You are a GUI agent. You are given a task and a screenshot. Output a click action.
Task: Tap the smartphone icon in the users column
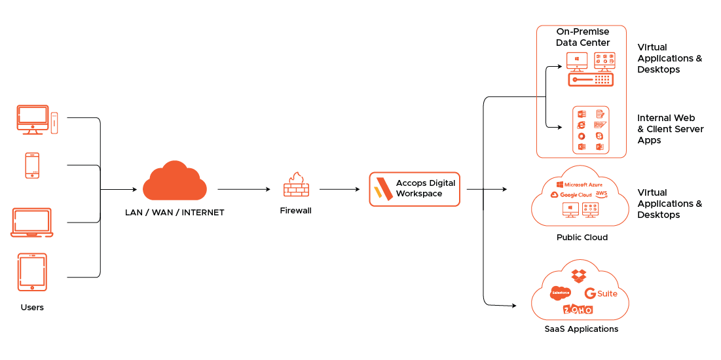[x=32, y=165]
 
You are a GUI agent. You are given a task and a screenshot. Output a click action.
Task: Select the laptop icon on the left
[x=32, y=223]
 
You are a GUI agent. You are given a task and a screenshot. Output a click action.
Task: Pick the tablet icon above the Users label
[x=32, y=272]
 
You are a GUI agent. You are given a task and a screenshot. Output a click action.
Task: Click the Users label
[x=32, y=307]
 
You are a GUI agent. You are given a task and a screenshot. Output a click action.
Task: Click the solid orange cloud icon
[x=175, y=182]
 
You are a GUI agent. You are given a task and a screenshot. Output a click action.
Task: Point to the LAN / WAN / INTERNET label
[x=175, y=213]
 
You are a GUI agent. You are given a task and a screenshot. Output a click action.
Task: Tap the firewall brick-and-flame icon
[x=296, y=185]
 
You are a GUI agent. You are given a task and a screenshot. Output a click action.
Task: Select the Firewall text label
[x=296, y=211]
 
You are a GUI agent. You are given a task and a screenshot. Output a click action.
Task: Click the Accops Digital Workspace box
[x=415, y=189]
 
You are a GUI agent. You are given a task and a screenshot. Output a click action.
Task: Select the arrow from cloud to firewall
[x=244, y=189]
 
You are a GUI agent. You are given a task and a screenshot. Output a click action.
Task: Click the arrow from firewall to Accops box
[x=339, y=189]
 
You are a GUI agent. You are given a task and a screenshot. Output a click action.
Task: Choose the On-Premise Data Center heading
[x=582, y=37]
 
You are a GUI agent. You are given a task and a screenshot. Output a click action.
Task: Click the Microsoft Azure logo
[x=583, y=185]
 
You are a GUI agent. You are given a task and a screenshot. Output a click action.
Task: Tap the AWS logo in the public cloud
[x=602, y=194]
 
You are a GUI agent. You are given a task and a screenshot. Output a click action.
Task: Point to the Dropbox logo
[x=578, y=276]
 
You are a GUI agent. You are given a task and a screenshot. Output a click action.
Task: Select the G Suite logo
[x=601, y=293]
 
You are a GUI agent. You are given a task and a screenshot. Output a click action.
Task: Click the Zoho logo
[x=578, y=309]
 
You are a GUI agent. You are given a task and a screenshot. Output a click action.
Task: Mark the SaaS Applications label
[x=582, y=329]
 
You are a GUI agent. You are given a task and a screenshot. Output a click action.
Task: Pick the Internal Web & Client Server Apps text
[x=670, y=129]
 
